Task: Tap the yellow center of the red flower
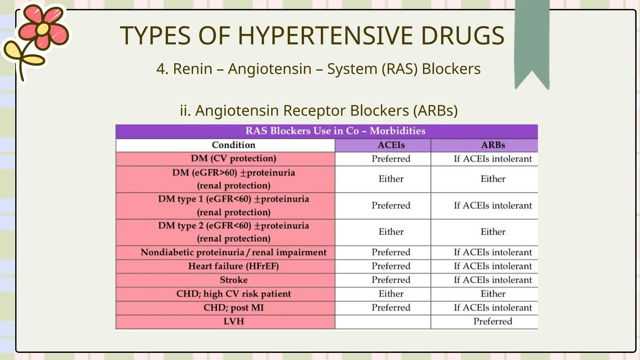(43, 29)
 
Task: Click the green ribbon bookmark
(532, 41)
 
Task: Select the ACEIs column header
(391, 145)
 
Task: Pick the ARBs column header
(493, 145)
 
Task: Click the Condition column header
(233, 145)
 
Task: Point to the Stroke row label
(233, 280)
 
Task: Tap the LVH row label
(233, 322)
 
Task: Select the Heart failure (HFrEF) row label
(233, 266)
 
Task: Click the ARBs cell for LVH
(492, 322)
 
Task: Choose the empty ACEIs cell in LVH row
(383, 322)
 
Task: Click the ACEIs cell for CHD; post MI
(391, 308)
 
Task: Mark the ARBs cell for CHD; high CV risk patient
(493, 294)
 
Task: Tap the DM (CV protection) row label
(233, 158)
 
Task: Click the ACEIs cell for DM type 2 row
(391, 232)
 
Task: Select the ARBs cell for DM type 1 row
(492, 206)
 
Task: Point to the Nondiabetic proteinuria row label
(233, 252)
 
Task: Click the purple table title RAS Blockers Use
(335, 131)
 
